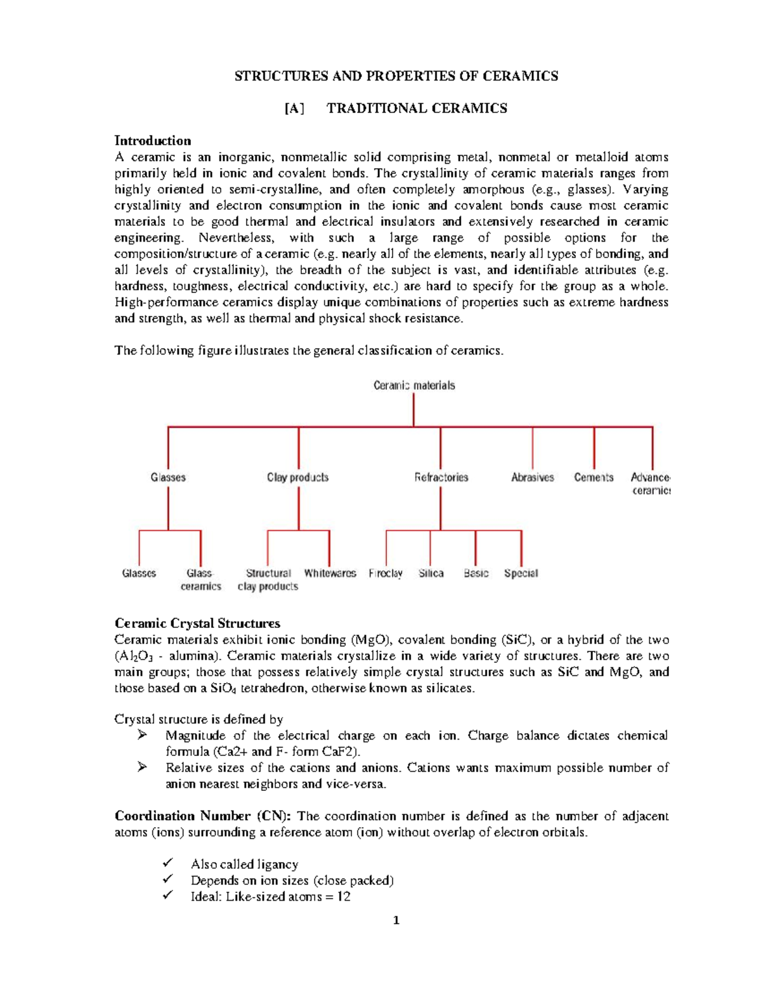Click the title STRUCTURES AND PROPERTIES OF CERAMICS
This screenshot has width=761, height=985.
point(396,76)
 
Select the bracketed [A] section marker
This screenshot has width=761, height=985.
point(294,108)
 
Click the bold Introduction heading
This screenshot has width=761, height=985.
point(152,141)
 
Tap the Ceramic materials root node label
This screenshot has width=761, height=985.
point(413,386)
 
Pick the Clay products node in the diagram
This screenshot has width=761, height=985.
point(297,478)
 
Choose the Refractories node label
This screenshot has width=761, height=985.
point(441,478)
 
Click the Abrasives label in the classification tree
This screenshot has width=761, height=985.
point(532,478)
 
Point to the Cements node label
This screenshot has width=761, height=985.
point(594,478)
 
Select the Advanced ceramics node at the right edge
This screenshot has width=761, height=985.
point(651,484)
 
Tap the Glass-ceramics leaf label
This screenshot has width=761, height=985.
point(200,580)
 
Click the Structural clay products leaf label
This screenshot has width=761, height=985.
point(268,580)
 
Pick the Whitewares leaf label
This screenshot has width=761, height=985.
point(330,573)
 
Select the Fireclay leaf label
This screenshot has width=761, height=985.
point(386,573)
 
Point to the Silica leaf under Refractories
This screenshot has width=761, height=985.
point(431,573)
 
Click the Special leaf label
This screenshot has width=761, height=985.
point(521,573)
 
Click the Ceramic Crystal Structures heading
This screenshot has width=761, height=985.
point(197,623)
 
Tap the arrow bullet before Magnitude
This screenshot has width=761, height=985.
point(142,736)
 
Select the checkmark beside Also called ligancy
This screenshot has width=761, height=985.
point(167,864)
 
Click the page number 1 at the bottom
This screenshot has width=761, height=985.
point(396,921)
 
